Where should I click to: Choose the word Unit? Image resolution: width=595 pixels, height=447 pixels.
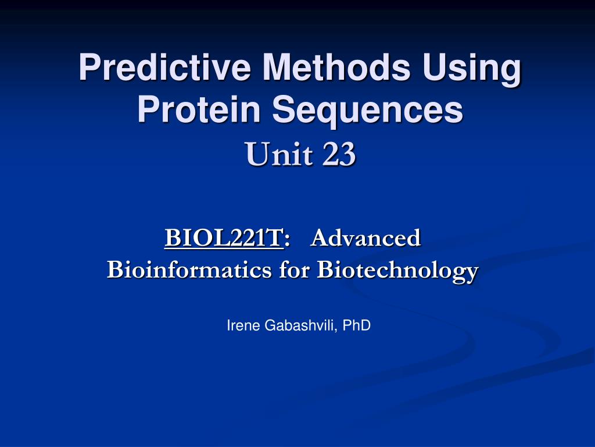pyautogui.click(x=279, y=154)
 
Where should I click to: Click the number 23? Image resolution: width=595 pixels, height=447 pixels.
pyautogui.click(x=339, y=154)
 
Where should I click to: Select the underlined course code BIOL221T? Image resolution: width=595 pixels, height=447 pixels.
pyautogui.click(x=224, y=238)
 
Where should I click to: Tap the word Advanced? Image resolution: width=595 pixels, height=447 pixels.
pyautogui.click(x=365, y=238)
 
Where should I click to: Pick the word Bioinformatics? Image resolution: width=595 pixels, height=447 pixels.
pyautogui.click(x=189, y=269)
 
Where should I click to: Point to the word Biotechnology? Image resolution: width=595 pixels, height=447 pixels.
pyautogui.click(x=397, y=271)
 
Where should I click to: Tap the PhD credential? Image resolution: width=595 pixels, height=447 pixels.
pyautogui.click(x=356, y=325)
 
